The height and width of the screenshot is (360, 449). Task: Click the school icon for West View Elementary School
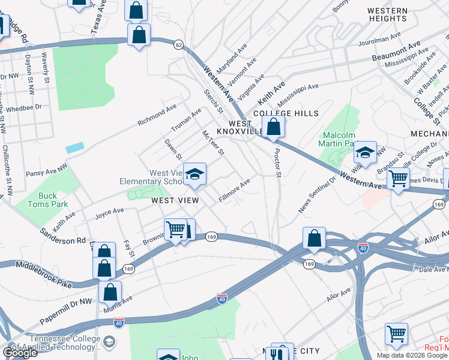(194, 175)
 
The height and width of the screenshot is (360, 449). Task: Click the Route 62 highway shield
(178, 44)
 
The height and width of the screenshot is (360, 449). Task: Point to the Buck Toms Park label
(47, 199)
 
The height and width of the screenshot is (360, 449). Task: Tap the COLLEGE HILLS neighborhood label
(285, 113)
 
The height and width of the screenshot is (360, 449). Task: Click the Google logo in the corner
(20, 353)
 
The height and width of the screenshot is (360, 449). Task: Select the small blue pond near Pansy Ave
(75, 148)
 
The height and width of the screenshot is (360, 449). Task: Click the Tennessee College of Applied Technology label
(50, 343)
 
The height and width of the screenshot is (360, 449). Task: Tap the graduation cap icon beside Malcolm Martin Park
(364, 153)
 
